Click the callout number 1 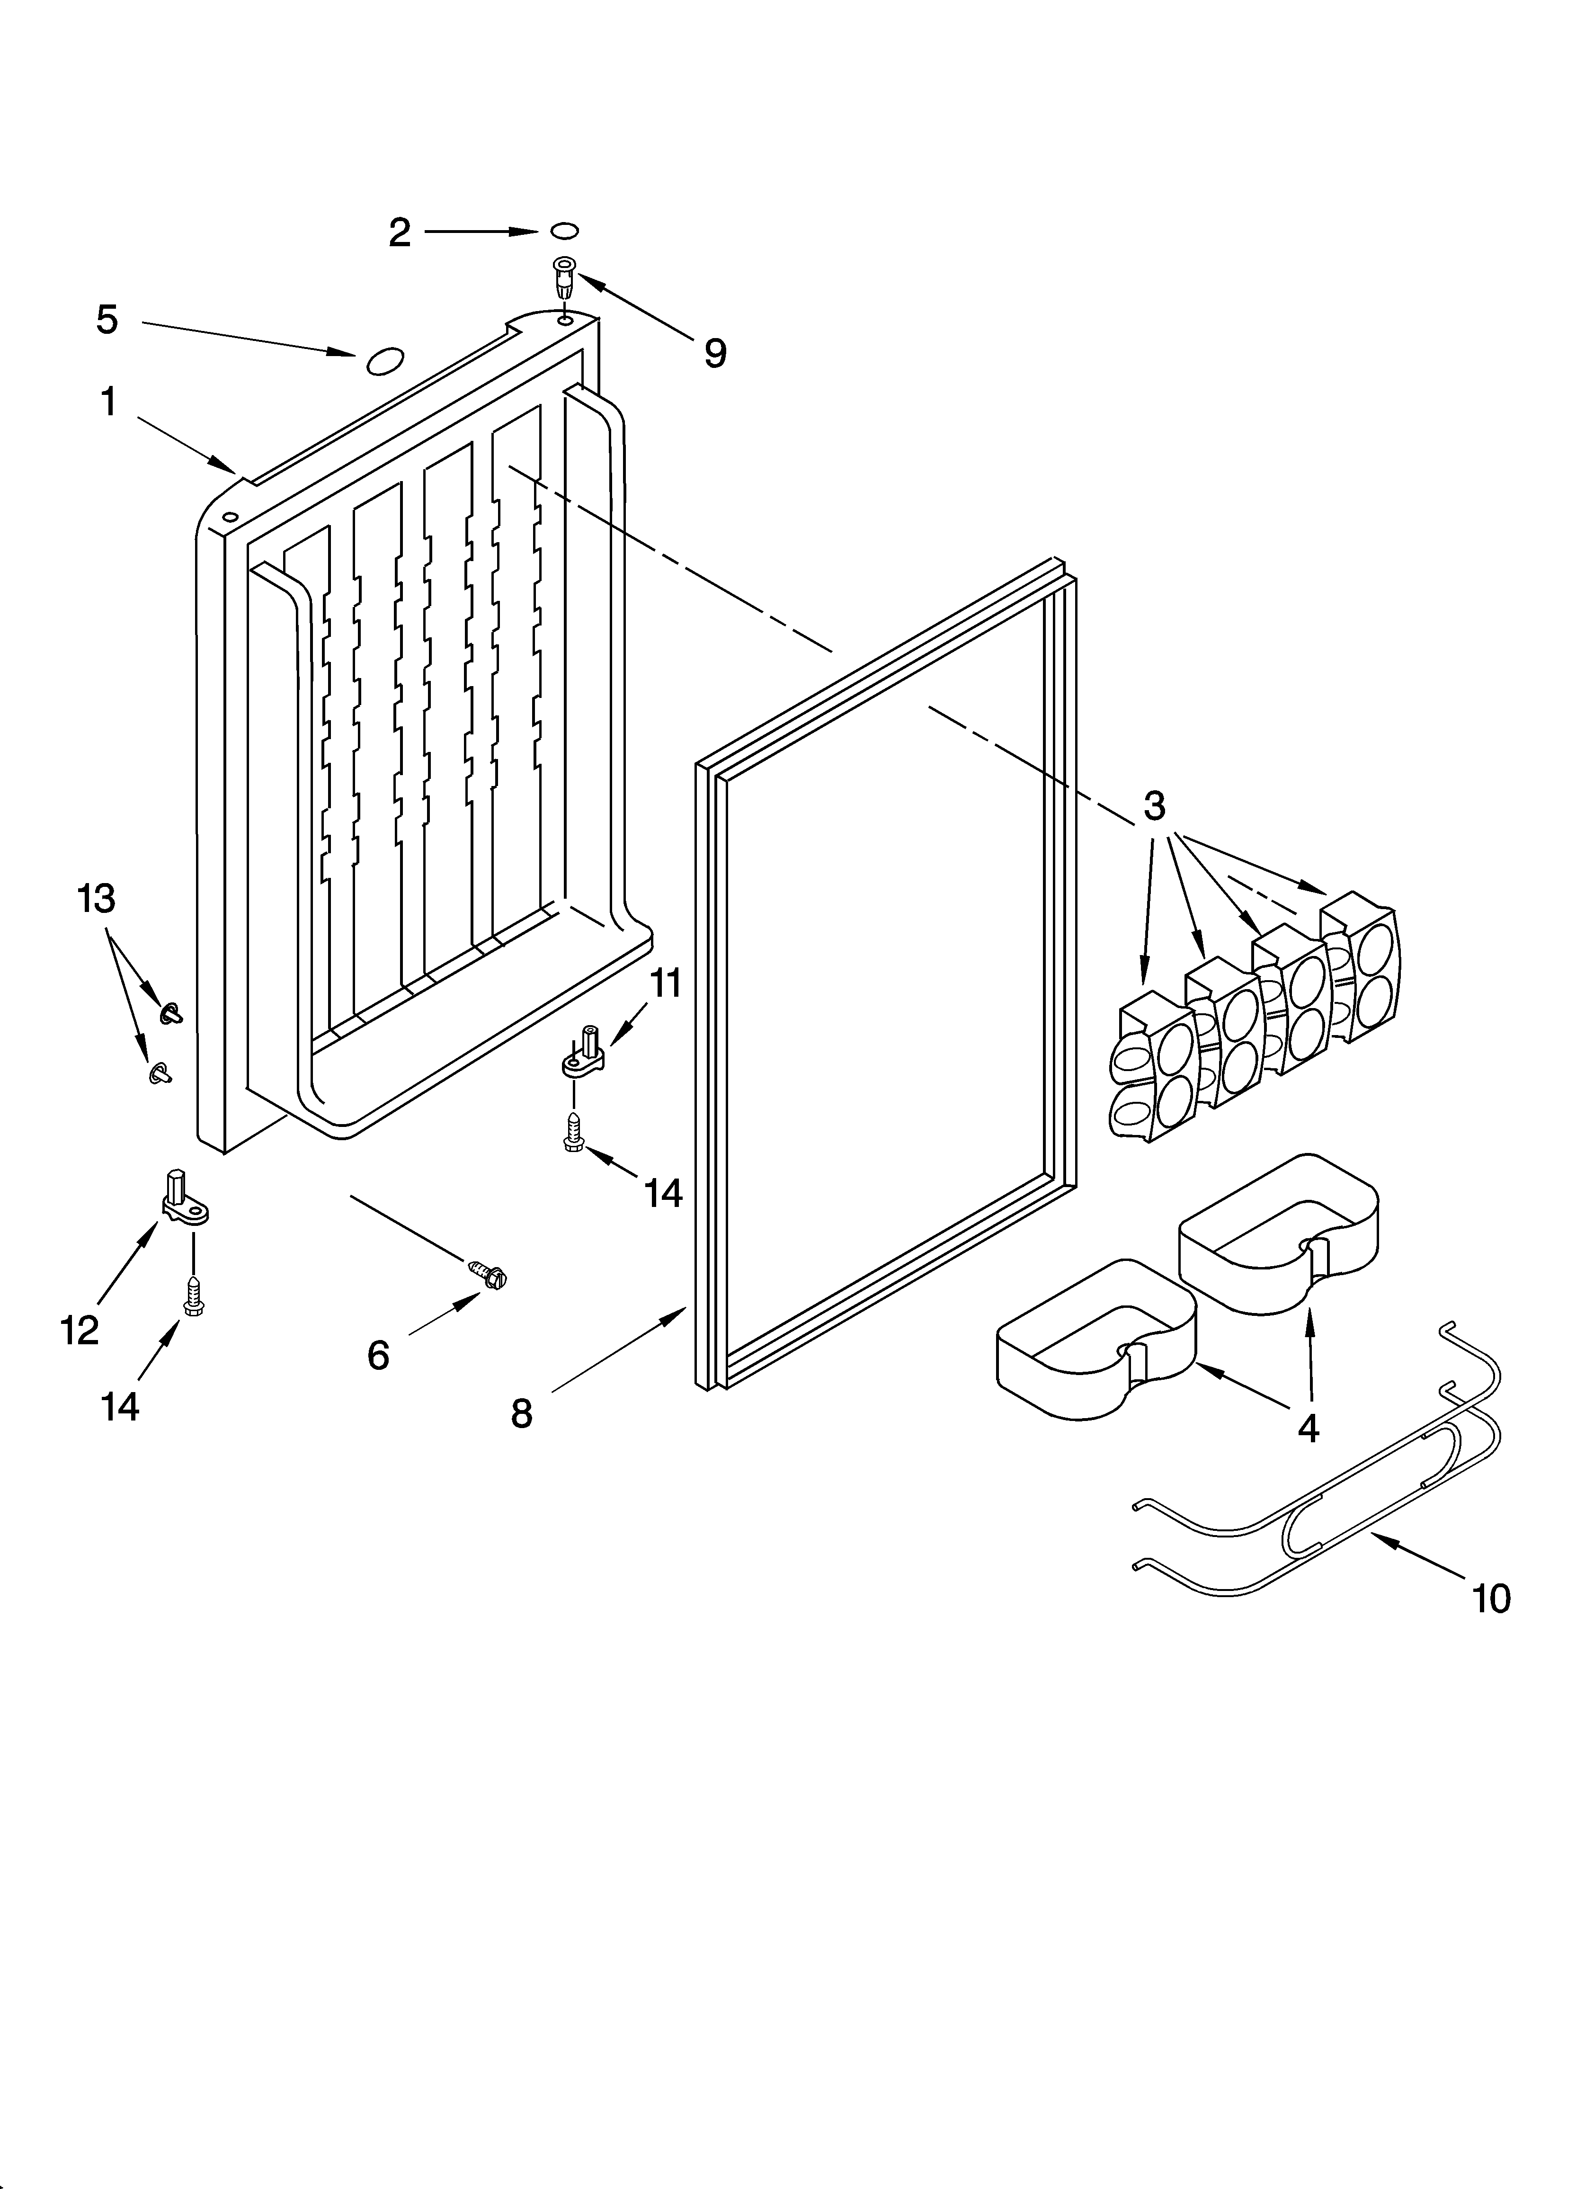point(108,402)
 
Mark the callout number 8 point(521,1414)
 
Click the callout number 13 point(97,899)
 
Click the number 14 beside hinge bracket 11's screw point(663,1194)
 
